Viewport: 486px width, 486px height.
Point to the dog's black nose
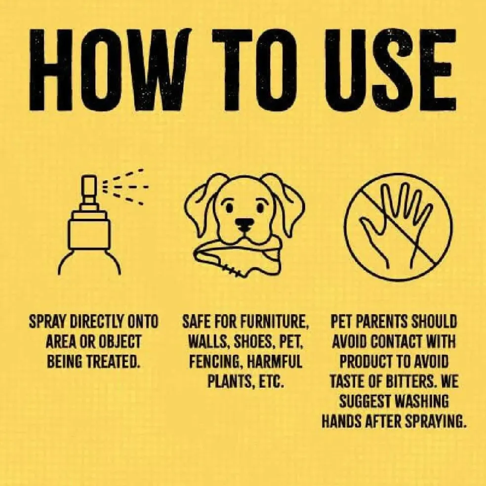244,223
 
